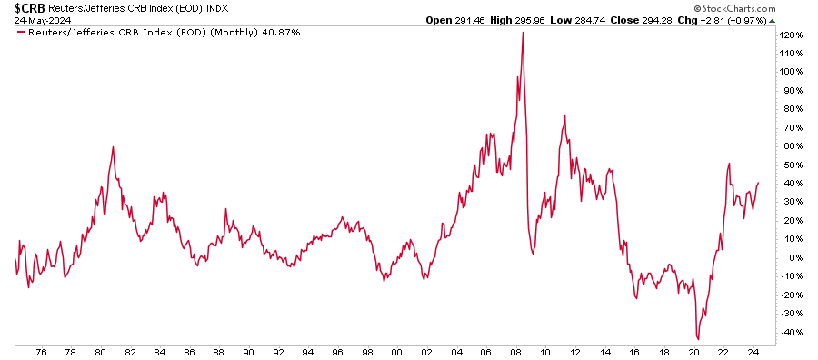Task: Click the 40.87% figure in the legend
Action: (x=281, y=32)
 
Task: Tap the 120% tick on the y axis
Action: (x=791, y=35)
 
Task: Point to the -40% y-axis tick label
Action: (x=790, y=332)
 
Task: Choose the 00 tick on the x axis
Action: (x=396, y=352)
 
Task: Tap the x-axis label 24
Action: (x=752, y=352)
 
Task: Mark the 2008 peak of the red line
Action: (x=523, y=33)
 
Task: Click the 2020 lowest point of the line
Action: (x=698, y=339)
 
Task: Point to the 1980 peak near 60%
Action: (x=113, y=146)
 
